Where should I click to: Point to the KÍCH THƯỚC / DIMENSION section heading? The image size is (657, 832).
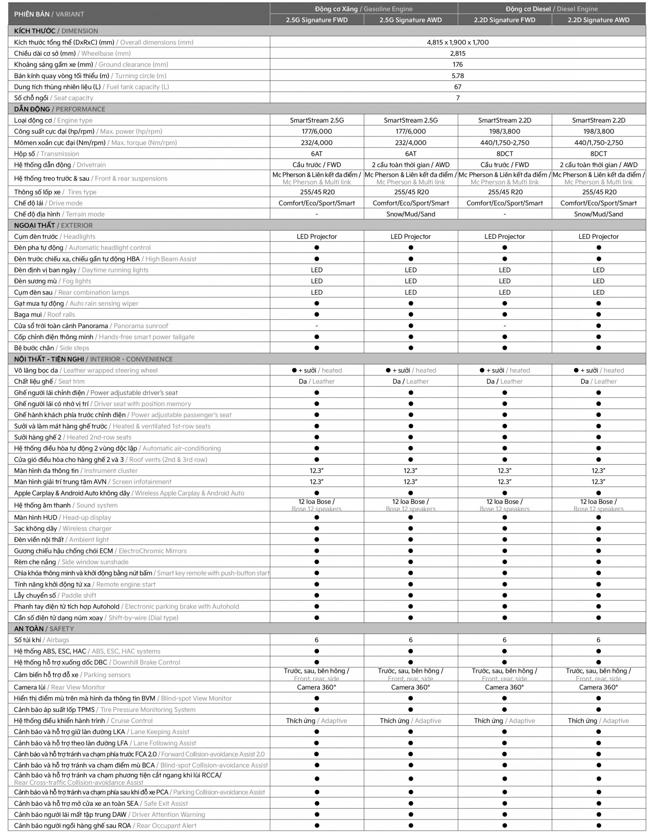(56, 31)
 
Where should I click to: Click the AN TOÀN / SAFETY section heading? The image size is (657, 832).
(44, 629)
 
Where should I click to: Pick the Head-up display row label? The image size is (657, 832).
(63, 517)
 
